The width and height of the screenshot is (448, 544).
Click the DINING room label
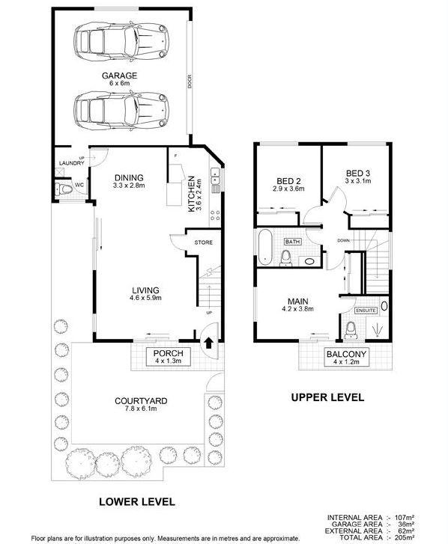pyautogui.click(x=129, y=177)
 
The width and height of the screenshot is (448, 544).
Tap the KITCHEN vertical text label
pyautogui.click(x=193, y=193)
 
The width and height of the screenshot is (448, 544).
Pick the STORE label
pyautogui.click(x=205, y=242)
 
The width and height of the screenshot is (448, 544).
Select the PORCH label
pyautogui.click(x=163, y=353)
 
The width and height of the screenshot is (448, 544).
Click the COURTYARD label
pyautogui.click(x=141, y=401)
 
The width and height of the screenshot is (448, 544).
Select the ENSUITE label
pyautogui.click(x=365, y=310)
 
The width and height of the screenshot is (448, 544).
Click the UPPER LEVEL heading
pyautogui.click(x=327, y=397)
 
